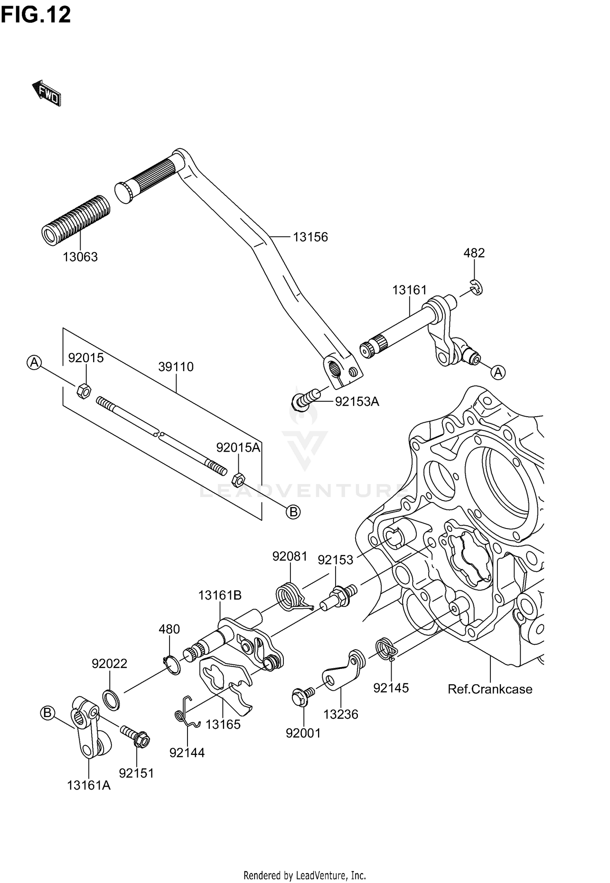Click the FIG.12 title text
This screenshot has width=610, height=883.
36,15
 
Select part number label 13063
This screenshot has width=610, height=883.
80,257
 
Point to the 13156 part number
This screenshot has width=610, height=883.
310,237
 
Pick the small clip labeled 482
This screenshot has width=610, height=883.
476,287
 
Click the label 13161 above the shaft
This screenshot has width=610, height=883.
410,290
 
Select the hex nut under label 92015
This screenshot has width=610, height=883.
83,391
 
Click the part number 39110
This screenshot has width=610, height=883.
176,367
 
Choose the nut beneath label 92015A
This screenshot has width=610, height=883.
238,480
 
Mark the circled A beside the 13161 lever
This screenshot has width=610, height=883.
498,372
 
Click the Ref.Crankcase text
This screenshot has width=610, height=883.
490,689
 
